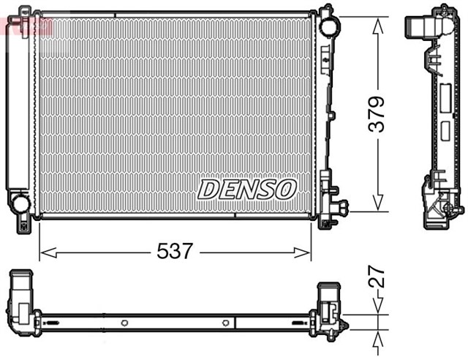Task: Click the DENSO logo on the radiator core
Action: pos(246,189)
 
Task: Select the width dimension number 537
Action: pos(175,252)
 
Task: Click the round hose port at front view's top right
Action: pos(330,24)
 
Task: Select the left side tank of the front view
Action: pos(18,110)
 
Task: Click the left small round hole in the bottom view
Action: pos(124,323)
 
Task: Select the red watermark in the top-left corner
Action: pos(26,26)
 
